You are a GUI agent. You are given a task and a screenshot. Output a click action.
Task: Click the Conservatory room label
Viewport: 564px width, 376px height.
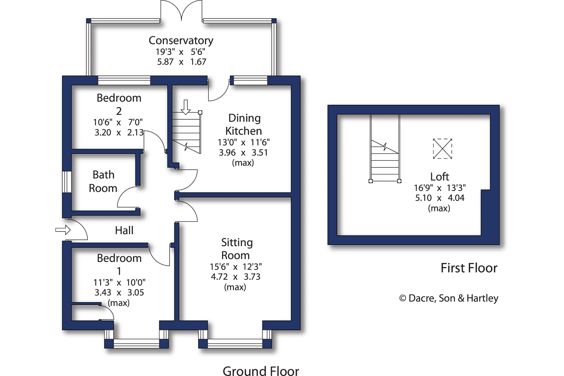(x=181, y=41)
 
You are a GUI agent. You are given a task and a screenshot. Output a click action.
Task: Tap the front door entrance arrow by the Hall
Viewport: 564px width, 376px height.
(x=63, y=230)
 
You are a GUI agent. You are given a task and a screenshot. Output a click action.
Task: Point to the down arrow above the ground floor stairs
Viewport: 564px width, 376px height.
(x=186, y=107)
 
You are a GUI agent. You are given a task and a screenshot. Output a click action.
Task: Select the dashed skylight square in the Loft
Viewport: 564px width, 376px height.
(x=442, y=149)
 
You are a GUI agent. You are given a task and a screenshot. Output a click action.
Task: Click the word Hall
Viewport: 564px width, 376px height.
(x=124, y=230)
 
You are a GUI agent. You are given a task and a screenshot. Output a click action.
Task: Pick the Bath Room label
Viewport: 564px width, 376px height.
(x=103, y=181)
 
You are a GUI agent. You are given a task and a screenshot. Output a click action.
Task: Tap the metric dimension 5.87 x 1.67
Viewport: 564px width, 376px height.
(x=181, y=62)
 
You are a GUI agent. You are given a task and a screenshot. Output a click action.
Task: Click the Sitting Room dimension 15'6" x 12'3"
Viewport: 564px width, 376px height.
(x=236, y=266)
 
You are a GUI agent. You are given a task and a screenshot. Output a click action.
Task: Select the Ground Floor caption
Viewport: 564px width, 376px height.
(x=261, y=370)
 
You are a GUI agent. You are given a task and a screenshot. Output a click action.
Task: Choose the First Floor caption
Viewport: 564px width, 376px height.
(x=469, y=268)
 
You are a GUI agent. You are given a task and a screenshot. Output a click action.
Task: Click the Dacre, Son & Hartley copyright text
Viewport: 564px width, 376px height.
(x=449, y=298)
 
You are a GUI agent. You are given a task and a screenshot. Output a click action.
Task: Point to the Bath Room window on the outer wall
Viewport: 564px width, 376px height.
(x=67, y=182)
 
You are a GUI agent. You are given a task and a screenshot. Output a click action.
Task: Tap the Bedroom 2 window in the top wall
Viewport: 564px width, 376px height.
(x=124, y=80)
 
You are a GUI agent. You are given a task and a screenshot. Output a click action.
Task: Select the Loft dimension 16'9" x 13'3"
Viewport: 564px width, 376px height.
(x=440, y=188)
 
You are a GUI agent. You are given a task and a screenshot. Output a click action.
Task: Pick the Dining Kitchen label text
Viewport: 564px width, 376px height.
(x=244, y=124)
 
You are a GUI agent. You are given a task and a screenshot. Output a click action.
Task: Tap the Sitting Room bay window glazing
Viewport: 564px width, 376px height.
(x=235, y=344)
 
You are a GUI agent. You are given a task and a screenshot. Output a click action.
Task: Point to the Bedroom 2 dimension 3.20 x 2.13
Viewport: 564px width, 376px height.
(x=119, y=132)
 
